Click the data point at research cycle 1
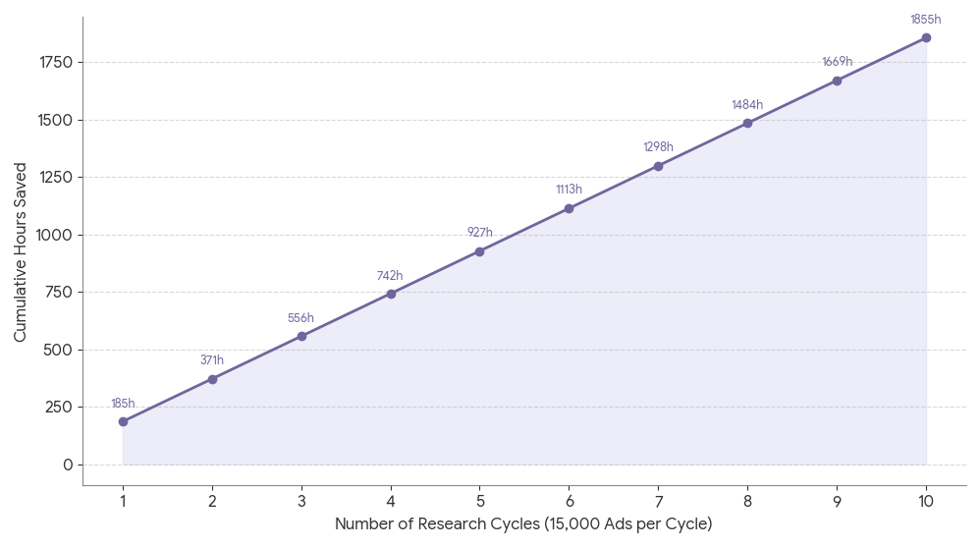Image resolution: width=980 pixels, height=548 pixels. (x=123, y=421)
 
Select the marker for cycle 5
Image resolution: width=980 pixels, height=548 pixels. (x=479, y=251)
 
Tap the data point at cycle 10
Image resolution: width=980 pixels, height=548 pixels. (x=926, y=37)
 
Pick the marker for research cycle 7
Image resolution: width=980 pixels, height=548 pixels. (x=658, y=166)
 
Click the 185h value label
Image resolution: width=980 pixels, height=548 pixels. (x=123, y=404)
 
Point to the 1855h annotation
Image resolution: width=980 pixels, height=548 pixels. (x=925, y=20)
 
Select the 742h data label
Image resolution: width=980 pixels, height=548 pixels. (x=390, y=276)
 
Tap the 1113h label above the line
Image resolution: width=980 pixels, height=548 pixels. (x=569, y=190)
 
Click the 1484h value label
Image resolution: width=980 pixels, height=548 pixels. (x=747, y=105)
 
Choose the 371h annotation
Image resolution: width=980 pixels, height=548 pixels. (x=212, y=360)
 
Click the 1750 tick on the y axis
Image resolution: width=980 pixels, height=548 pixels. (x=56, y=63)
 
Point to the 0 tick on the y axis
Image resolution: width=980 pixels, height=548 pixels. (x=68, y=465)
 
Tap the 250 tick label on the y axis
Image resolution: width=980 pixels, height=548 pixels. (x=60, y=407)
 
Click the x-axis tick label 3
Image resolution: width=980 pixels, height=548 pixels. (x=301, y=500)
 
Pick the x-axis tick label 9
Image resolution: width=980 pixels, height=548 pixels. (x=837, y=500)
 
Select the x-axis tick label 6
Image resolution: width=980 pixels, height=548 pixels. (x=569, y=500)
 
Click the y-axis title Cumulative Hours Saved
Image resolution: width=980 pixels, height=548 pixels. (x=21, y=251)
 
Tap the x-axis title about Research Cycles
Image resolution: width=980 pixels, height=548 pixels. (x=523, y=524)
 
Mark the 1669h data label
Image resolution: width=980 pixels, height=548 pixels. (x=837, y=62)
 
